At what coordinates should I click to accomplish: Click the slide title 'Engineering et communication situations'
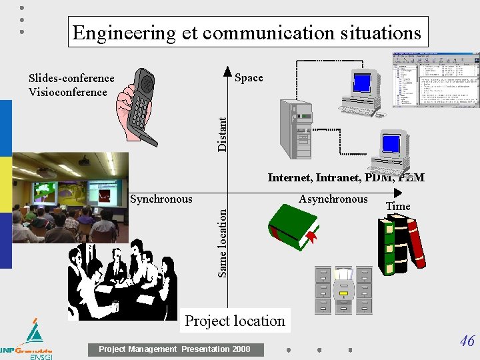[247, 33]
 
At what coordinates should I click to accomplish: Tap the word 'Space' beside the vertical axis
[249, 78]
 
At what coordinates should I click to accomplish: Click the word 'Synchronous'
[161, 199]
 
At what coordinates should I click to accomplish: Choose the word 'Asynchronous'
[333, 199]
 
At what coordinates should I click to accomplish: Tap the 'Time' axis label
[398, 207]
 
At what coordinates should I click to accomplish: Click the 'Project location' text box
[235, 321]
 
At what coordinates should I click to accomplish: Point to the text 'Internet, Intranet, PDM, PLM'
[345, 177]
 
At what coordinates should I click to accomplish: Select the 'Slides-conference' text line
[71, 78]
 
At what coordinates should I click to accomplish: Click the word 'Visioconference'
[67, 92]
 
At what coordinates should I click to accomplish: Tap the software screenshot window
[435, 79]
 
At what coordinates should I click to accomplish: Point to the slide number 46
[467, 341]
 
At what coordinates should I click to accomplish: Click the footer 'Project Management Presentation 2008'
[175, 349]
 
